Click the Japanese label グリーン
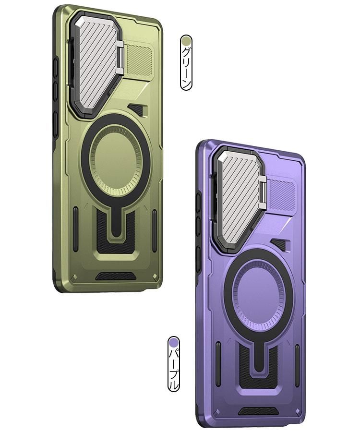click(x=186, y=68)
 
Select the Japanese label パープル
click(x=174, y=369)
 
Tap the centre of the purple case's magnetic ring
click(x=259, y=295)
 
